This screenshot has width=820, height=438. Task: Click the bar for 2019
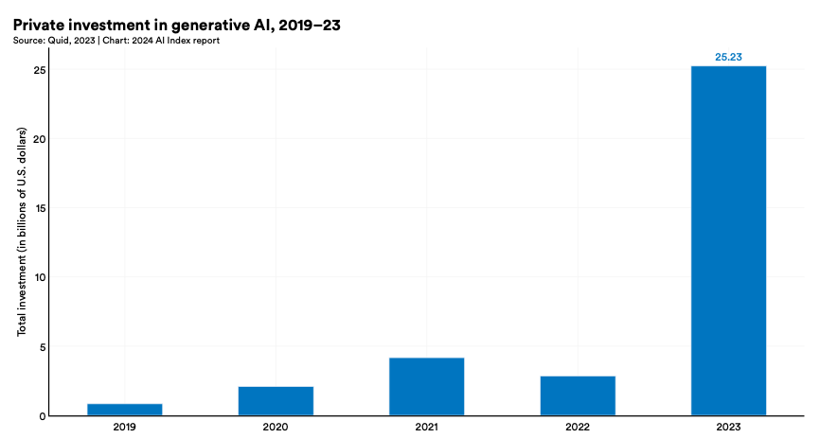click(x=124, y=410)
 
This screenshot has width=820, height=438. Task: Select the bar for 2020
click(x=276, y=401)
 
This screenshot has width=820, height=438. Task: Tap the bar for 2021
click(x=426, y=387)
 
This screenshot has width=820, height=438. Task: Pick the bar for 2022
click(x=578, y=395)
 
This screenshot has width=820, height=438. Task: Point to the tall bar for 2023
click(x=728, y=240)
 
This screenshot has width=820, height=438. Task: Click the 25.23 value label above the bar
click(x=728, y=57)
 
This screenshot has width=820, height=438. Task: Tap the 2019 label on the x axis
click(x=124, y=428)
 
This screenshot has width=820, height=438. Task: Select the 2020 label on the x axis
click(x=276, y=428)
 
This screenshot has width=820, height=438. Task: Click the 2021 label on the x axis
click(x=426, y=428)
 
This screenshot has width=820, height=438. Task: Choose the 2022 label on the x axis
click(x=578, y=428)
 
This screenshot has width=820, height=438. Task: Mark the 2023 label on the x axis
click(x=728, y=428)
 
